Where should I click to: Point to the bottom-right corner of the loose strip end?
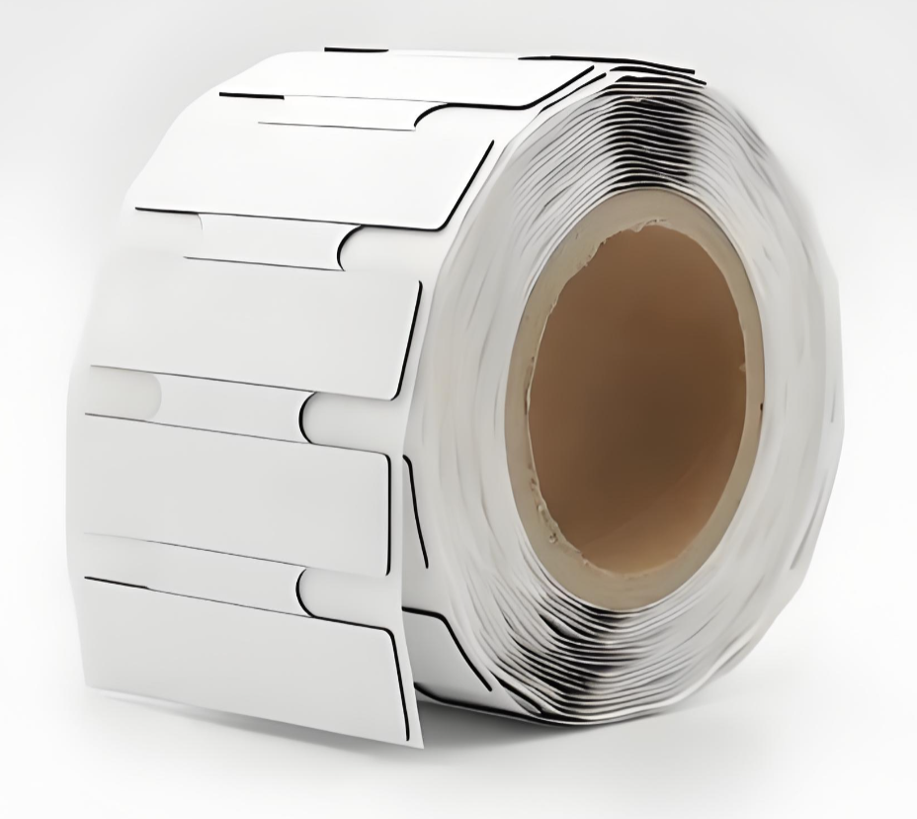pyautogui.click(x=415, y=742)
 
